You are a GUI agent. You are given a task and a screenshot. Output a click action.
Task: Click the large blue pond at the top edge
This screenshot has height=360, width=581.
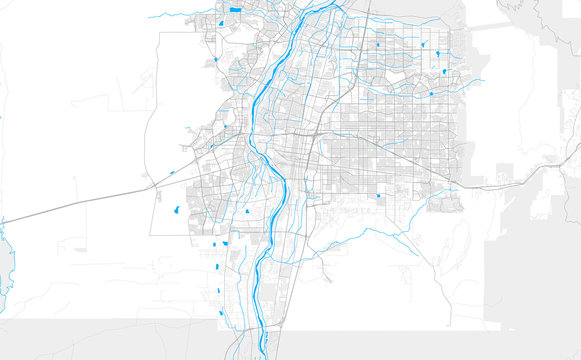235,10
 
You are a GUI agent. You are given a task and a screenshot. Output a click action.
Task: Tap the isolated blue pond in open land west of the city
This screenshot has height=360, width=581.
176,210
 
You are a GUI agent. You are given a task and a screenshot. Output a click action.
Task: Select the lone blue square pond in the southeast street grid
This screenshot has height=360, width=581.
380,197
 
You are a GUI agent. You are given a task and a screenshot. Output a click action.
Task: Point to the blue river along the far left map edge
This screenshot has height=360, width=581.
7,255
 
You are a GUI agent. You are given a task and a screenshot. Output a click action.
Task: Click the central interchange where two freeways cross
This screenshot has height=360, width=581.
312,134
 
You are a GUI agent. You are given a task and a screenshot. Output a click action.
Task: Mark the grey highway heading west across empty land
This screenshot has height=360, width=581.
80,204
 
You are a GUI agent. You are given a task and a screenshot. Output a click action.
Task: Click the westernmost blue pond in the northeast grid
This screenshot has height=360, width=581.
378,45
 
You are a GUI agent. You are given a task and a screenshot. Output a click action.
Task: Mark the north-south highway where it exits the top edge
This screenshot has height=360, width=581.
367,5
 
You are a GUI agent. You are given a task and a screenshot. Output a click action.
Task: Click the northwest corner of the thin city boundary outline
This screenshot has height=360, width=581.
160,33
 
